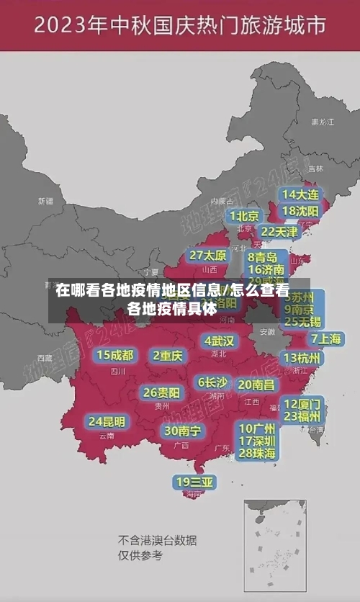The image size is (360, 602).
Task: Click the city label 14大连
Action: point(301,194)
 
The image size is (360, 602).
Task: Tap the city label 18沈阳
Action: point(300,211)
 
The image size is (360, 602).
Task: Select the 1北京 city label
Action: point(245,216)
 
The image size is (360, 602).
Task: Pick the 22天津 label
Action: point(279,232)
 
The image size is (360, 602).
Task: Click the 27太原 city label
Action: point(208,255)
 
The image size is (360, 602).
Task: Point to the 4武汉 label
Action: point(219,341)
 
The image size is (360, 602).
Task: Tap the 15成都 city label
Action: point(115,354)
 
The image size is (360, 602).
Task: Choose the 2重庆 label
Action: point(168,355)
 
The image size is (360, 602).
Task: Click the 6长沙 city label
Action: point(212,382)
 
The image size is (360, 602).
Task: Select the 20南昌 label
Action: point(256,385)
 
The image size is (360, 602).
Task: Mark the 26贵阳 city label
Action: point(161,392)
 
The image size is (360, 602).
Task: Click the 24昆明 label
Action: point(107,421)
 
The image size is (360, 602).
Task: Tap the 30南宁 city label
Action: point(182,431)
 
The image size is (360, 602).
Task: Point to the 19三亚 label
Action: point(194,482)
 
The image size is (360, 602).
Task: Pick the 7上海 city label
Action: point(325,338)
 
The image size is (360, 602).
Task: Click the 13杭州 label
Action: point(302,357)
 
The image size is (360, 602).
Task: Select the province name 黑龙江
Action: point(322,122)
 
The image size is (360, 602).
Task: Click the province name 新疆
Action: point(46,201)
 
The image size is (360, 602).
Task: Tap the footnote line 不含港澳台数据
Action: point(157,540)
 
